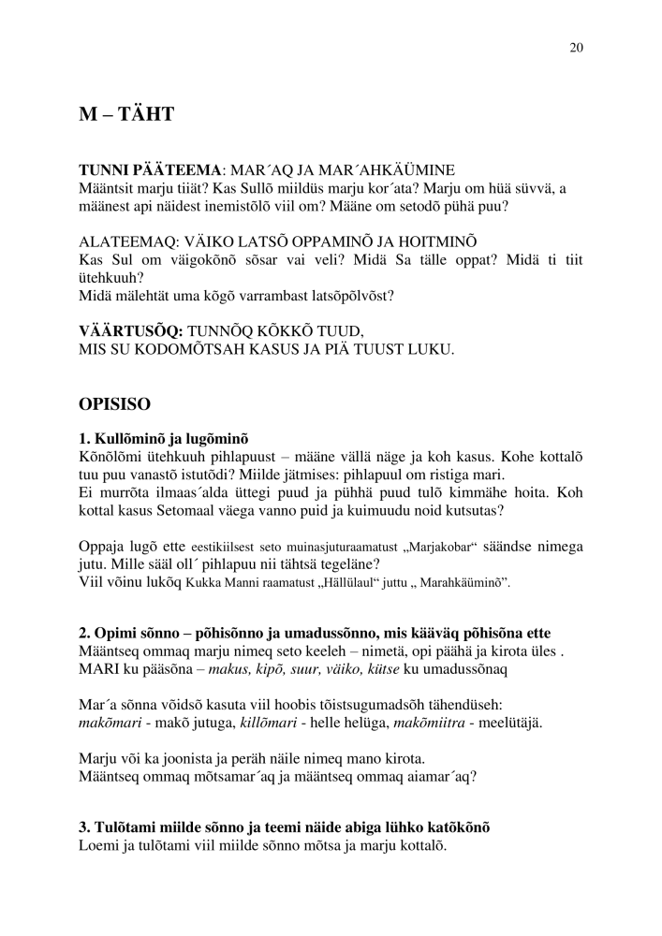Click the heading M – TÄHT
127,115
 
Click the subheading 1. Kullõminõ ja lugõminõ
165,437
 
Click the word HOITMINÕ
407,240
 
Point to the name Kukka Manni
217,581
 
